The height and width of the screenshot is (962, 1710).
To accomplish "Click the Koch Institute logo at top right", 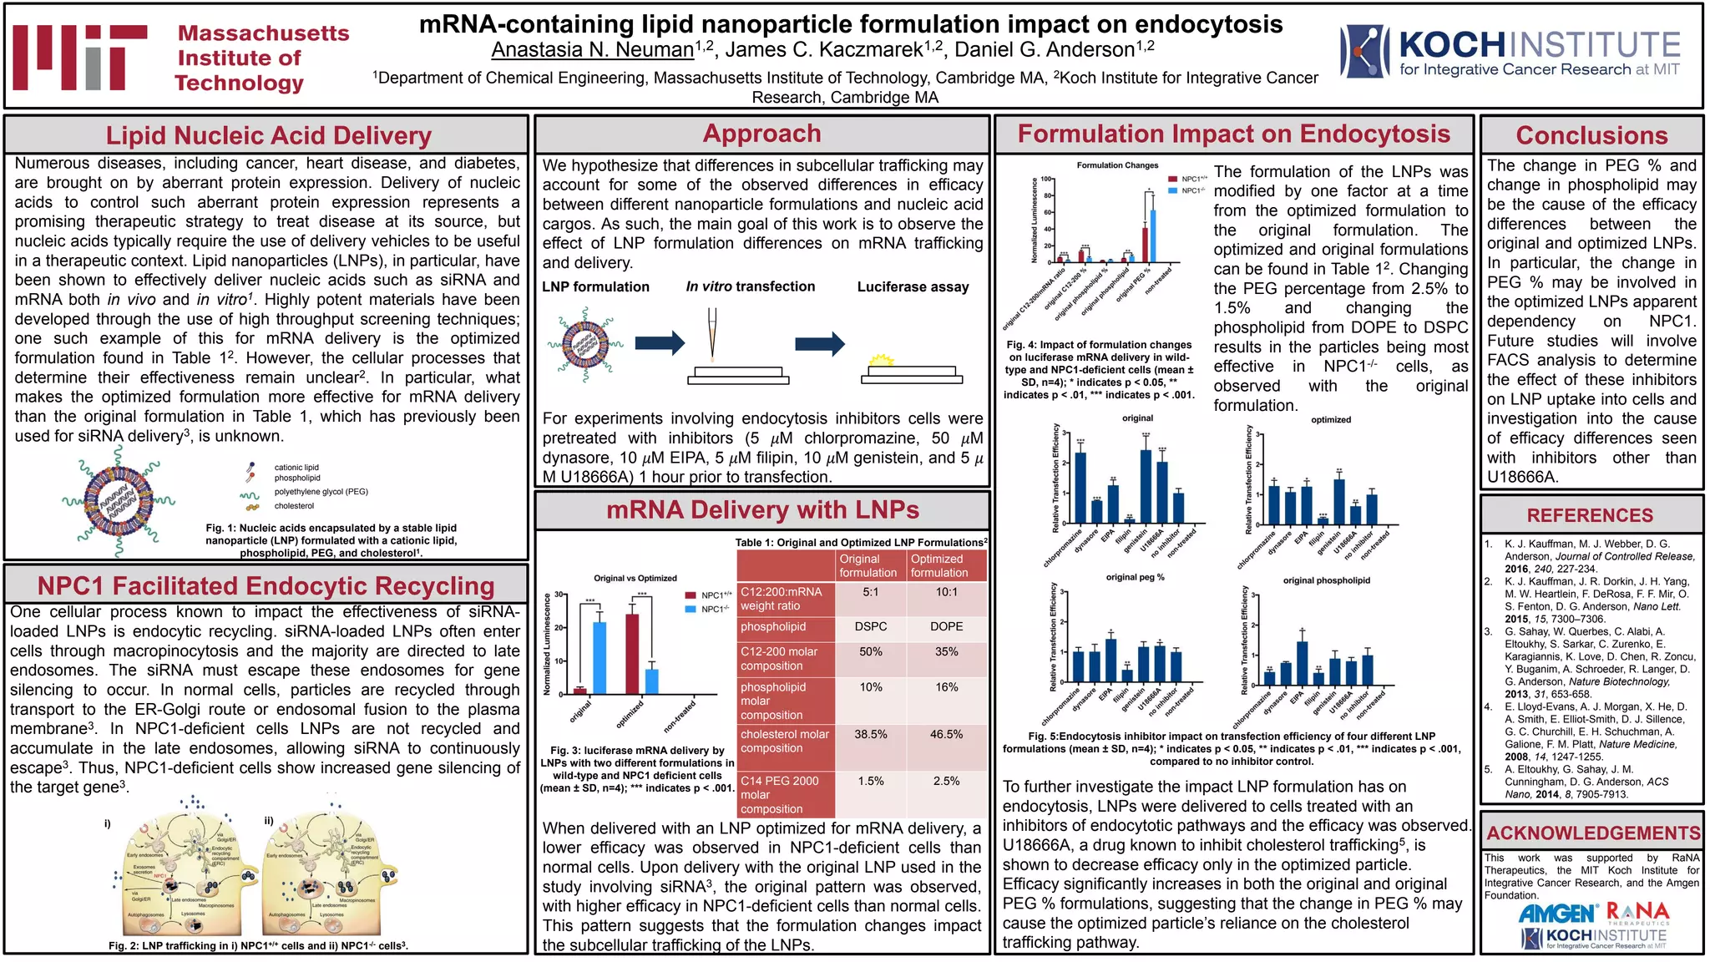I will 1510,53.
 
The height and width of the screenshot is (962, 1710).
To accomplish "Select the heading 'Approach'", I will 761,134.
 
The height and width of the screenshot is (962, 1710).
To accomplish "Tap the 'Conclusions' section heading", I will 1591,135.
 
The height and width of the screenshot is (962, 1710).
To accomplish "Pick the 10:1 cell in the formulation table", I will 946,592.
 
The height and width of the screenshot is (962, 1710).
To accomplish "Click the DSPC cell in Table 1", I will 870,626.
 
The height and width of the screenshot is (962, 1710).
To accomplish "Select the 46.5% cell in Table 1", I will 946,734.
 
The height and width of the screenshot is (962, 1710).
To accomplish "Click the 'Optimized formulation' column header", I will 939,565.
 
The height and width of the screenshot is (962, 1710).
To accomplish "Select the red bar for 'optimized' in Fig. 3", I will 632,653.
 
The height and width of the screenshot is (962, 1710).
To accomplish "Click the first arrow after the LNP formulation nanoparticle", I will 659,342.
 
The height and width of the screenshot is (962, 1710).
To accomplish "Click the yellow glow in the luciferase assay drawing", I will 881,361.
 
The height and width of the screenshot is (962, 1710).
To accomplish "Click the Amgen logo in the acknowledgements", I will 1557,914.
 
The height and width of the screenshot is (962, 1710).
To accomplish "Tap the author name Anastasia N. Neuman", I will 592,50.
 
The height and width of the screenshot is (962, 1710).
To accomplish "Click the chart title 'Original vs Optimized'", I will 635,578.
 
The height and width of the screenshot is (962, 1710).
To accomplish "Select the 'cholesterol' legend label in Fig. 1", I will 294,505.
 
